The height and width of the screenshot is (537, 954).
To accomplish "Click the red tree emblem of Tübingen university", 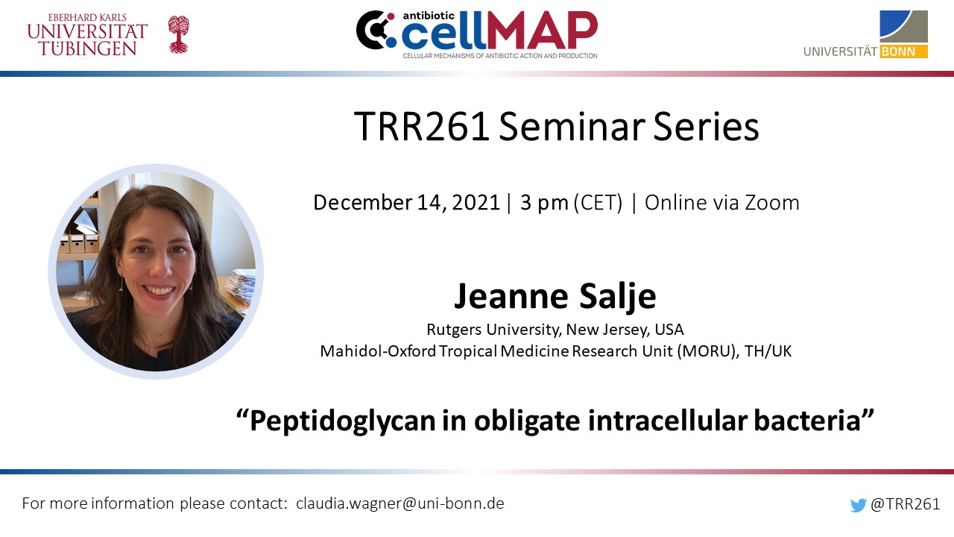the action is pyautogui.click(x=178, y=34).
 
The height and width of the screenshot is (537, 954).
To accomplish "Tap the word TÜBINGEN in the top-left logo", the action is pyautogui.click(x=88, y=48).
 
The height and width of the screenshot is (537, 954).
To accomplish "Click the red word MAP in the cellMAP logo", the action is pyautogui.click(x=542, y=31).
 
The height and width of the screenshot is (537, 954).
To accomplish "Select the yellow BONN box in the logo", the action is pyautogui.click(x=904, y=51).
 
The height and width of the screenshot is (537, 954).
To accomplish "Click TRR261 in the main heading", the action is pyautogui.click(x=422, y=127).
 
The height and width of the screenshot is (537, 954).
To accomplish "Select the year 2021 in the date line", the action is pyautogui.click(x=476, y=202).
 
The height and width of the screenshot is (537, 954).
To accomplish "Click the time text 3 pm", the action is pyautogui.click(x=544, y=203).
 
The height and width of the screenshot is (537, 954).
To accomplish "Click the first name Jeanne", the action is pyautogui.click(x=511, y=296).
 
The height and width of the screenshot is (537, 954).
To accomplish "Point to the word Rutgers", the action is pyautogui.click(x=455, y=330).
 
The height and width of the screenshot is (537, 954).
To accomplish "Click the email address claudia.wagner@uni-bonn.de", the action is pyautogui.click(x=400, y=503).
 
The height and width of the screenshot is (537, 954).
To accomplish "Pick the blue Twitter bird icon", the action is pyautogui.click(x=858, y=505).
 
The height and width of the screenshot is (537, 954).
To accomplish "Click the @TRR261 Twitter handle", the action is pyautogui.click(x=905, y=504).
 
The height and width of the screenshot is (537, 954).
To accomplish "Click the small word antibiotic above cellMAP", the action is pyautogui.click(x=423, y=16).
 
